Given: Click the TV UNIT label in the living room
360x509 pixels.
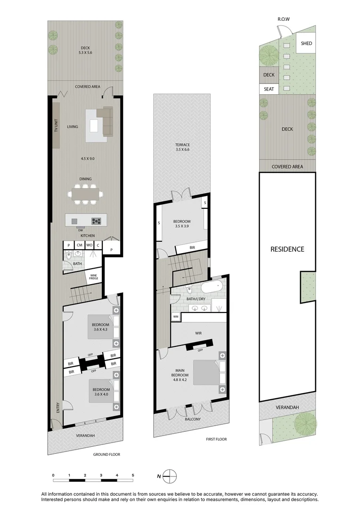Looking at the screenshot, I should point(56,125).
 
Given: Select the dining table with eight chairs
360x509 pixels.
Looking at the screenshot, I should point(85,193).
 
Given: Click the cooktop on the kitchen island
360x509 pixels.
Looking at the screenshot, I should point(97,220).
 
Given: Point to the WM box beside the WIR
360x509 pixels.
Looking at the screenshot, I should point(176,316).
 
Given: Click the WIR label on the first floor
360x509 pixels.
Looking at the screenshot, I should point(198,333).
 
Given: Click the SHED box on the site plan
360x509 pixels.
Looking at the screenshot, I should point(306,43).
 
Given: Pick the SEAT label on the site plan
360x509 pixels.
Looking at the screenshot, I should point(269,89).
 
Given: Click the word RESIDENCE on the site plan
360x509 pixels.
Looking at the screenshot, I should point(287,249).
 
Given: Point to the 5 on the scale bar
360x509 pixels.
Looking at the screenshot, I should point(133,475).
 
